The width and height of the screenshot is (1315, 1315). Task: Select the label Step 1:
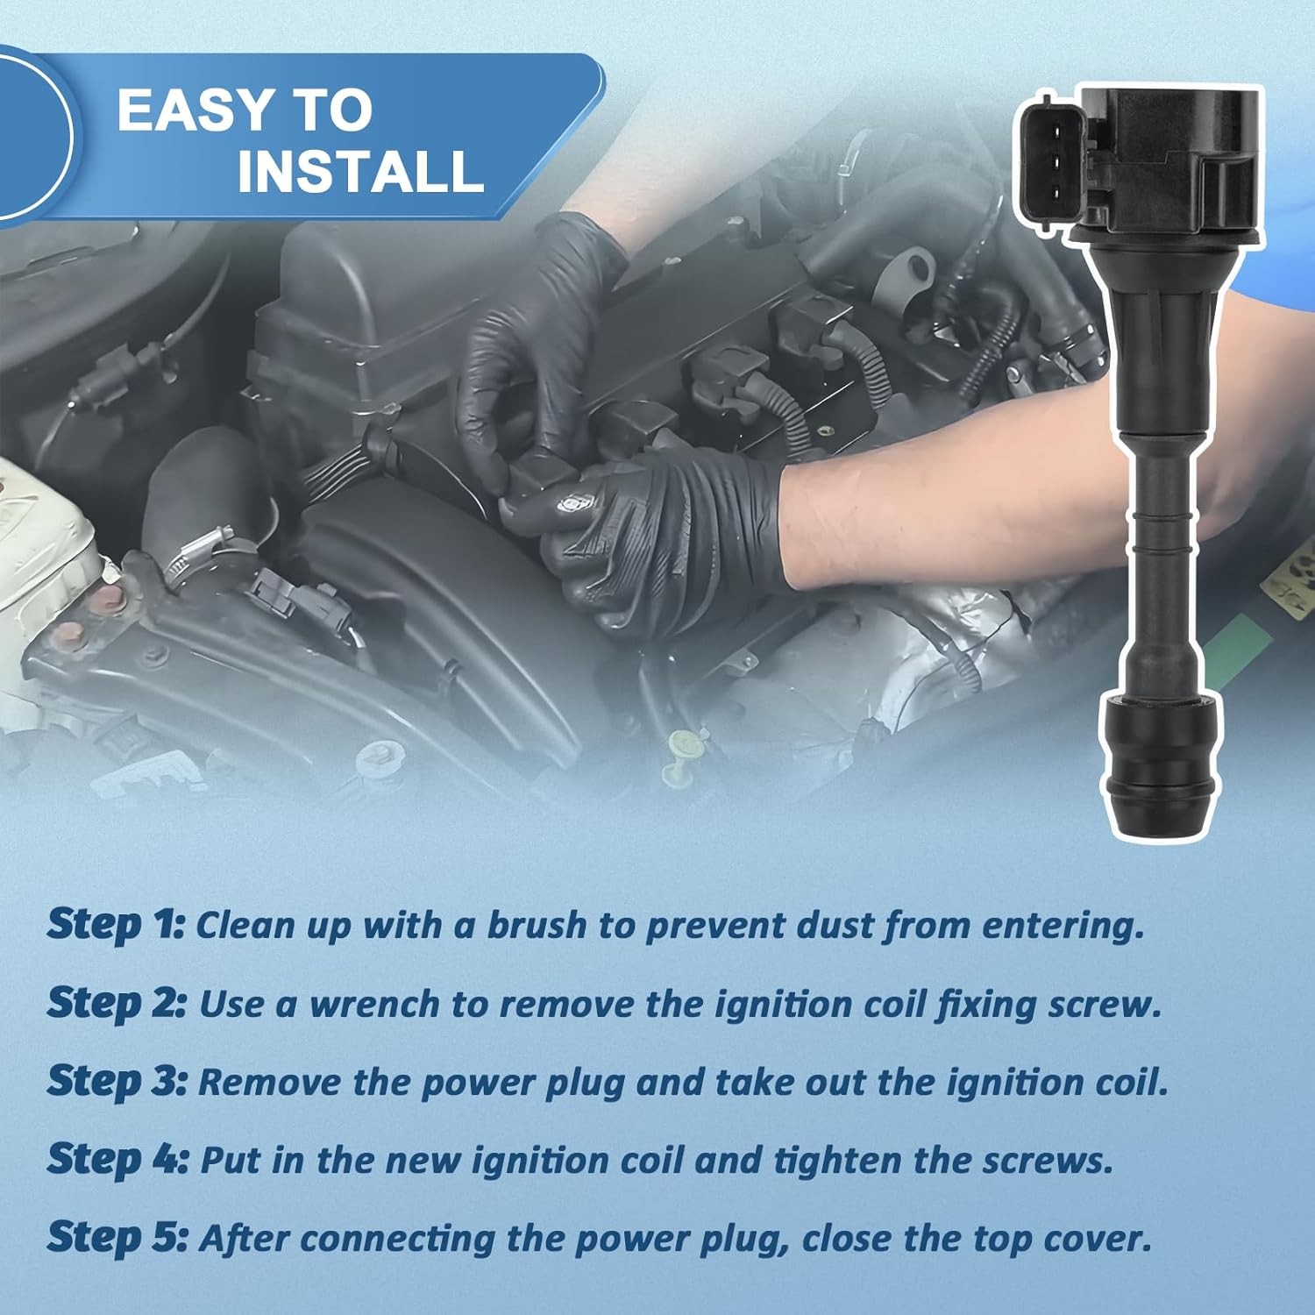coord(116,926)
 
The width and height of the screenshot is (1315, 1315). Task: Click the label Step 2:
coord(117,1004)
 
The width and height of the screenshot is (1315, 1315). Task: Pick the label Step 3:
coord(117,1082)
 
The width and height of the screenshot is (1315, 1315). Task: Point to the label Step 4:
coord(117,1160)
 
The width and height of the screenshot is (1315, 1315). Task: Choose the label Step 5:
coord(117,1238)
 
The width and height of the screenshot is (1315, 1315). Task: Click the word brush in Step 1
coord(537,926)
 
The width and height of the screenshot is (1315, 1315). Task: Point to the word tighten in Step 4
coord(837,1161)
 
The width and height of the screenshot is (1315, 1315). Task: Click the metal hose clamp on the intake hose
coord(203,555)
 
